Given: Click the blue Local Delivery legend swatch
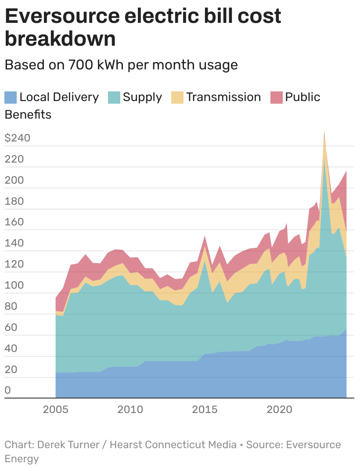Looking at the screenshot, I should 11,97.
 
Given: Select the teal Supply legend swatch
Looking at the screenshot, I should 114,97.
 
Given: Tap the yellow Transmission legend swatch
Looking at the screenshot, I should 177,97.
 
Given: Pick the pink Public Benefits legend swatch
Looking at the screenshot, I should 277,97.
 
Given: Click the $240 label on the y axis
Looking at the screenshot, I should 17,138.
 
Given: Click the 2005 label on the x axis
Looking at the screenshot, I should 56,409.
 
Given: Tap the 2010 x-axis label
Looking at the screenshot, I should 130,409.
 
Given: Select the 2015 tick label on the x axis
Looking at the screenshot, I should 205,409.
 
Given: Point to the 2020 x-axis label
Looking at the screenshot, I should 280,409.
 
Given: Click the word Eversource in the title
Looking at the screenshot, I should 62,17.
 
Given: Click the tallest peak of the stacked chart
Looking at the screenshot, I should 324,132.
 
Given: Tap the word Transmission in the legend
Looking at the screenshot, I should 223,97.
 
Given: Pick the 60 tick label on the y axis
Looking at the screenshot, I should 11,327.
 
